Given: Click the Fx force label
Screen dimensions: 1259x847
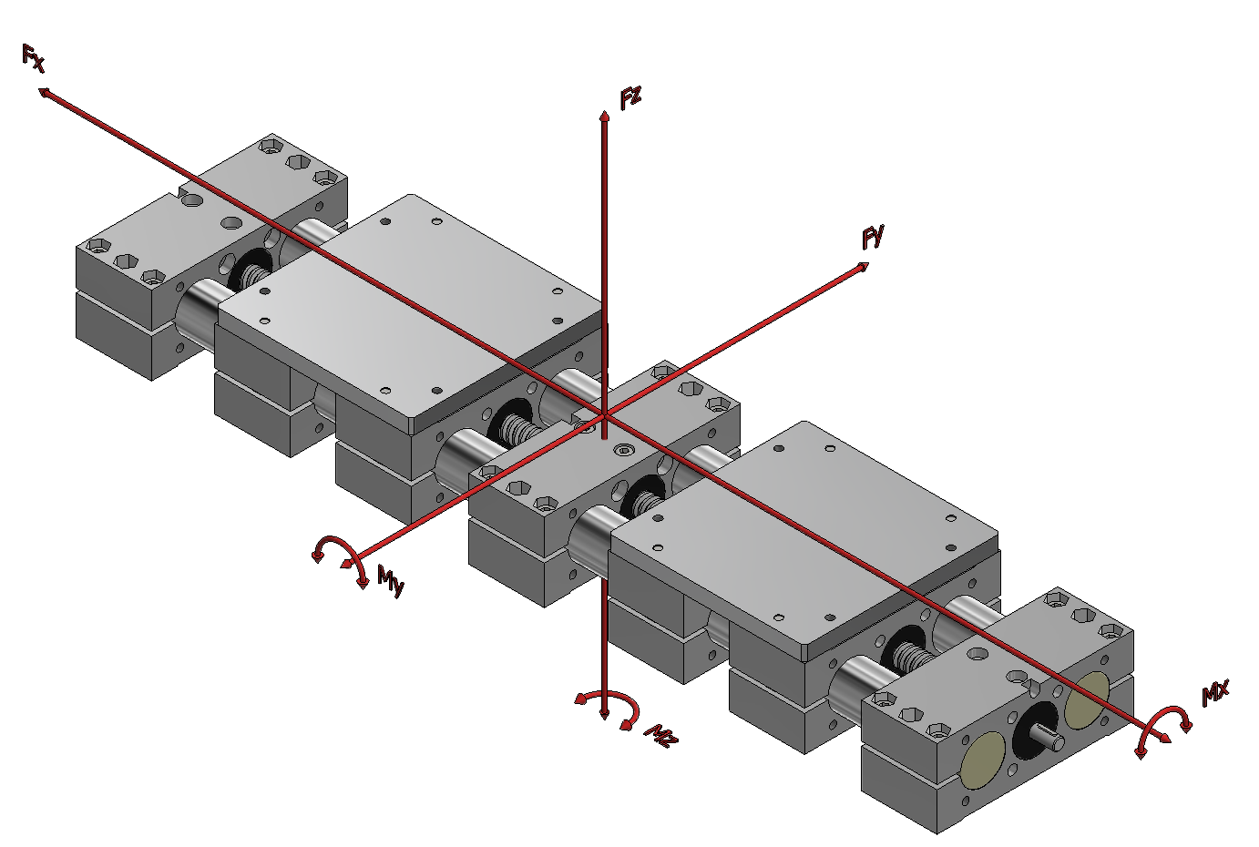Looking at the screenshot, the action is [x=33, y=58].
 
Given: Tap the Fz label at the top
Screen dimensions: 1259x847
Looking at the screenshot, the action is [x=630, y=98].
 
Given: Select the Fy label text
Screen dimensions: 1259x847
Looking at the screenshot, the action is [x=873, y=237].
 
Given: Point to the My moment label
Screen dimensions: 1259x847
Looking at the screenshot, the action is [x=391, y=581].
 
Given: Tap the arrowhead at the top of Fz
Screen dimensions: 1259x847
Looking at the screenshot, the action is [x=604, y=116].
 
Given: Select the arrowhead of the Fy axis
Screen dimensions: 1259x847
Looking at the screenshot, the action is [x=863, y=267].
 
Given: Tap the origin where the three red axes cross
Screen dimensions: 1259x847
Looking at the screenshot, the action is [x=604, y=416].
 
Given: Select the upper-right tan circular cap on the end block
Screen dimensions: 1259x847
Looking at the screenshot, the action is [x=1087, y=699].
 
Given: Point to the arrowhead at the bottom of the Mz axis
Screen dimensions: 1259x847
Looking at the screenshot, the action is [x=604, y=714].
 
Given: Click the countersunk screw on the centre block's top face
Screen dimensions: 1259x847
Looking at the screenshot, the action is [x=622, y=450].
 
